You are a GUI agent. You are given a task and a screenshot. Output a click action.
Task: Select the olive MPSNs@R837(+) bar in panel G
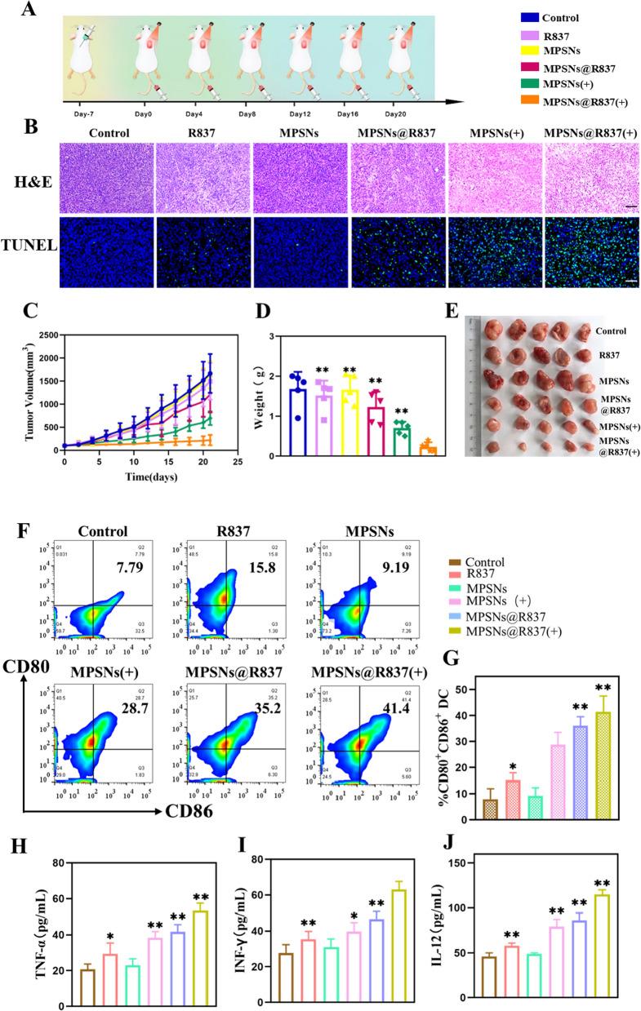click(x=603, y=769)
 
